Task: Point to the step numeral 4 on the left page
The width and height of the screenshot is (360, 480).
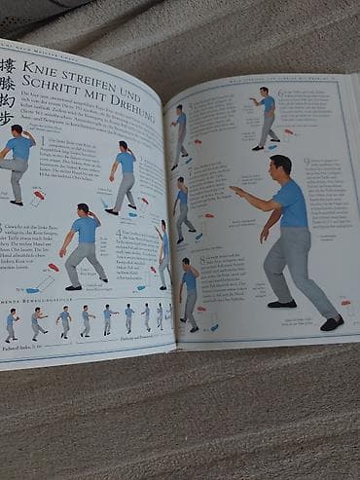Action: click(118, 232)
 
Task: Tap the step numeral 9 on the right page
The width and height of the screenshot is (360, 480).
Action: click(306, 161)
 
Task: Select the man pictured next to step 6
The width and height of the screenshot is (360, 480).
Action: click(265, 117)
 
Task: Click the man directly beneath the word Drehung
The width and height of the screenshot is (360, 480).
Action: click(126, 175)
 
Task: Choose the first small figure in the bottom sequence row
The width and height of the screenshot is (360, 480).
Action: click(11, 325)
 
